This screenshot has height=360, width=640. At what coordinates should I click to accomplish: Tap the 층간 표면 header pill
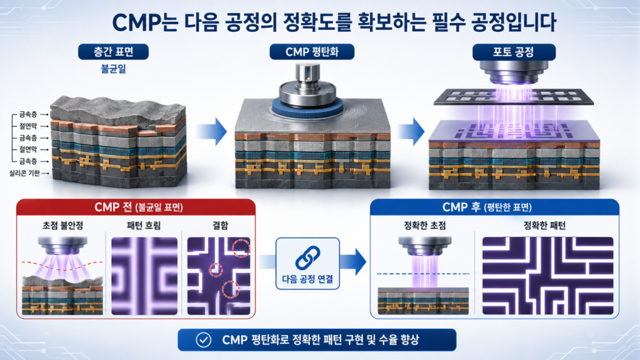click(x=114, y=52)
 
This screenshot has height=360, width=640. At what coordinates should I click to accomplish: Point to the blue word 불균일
click(x=114, y=69)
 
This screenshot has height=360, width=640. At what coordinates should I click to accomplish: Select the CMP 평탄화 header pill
click(x=312, y=52)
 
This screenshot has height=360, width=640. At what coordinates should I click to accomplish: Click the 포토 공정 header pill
click(x=514, y=52)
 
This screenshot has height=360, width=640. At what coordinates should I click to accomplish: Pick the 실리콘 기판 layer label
click(x=25, y=173)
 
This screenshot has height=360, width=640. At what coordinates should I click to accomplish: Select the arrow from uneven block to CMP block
click(x=212, y=131)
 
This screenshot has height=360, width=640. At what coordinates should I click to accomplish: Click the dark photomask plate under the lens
click(x=514, y=97)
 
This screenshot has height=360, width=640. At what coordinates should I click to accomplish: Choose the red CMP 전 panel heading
click(x=136, y=207)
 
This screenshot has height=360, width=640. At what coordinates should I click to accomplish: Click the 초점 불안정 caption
click(x=63, y=225)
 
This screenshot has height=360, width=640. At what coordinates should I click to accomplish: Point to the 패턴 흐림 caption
click(x=144, y=225)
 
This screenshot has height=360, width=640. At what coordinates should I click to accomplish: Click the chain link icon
click(x=307, y=257)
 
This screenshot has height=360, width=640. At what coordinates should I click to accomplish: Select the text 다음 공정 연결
click(x=307, y=279)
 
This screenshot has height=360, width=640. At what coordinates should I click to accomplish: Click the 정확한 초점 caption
click(x=425, y=225)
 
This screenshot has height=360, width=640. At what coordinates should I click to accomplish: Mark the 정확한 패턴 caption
click(x=544, y=225)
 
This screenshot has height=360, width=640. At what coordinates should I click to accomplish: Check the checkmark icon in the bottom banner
click(x=203, y=339)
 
